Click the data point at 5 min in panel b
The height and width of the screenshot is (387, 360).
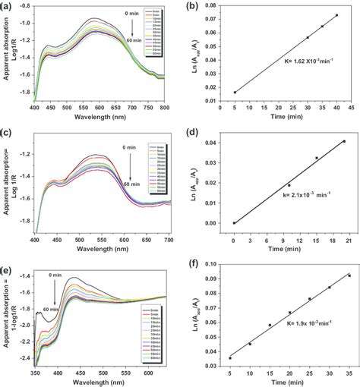pyautogui.click(x=234, y=92)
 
